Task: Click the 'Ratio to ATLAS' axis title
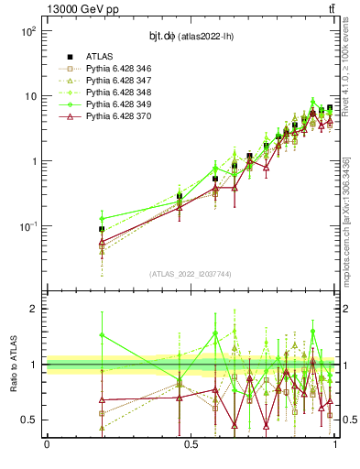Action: pyautogui.click(x=12, y=364)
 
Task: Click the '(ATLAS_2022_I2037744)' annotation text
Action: pyautogui.click(x=191, y=274)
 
